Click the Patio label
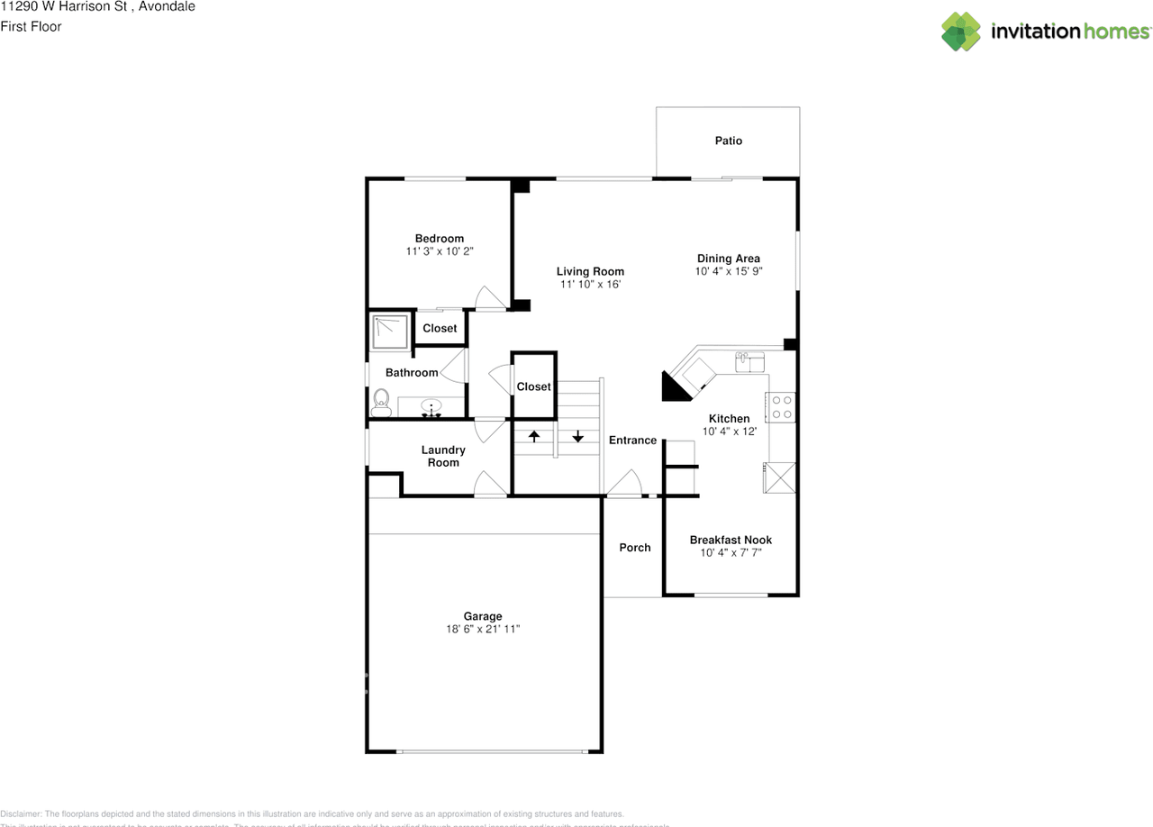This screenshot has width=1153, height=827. click(x=728, y=141)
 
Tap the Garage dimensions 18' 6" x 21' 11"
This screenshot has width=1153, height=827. click(x=483, y=630)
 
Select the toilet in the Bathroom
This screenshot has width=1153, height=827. click(x=381, y=402)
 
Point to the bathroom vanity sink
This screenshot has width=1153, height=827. click(x=432, y=408)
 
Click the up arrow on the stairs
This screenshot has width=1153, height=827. click(x=533, y=437)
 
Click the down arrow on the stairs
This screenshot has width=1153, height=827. click(x=577, y=437)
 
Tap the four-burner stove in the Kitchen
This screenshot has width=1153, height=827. click(x=781, y=407)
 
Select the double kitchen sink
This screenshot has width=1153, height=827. click(x=749, y=362)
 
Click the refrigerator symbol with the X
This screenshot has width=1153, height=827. click(x=780, y=477)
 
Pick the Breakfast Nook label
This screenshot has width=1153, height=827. click(x=731, y=540)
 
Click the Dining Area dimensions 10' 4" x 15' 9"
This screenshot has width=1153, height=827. click(x=729, y=271)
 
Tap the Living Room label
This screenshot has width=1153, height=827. click(x=590, y=271)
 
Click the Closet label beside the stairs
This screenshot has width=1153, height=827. click(x=533, y=386)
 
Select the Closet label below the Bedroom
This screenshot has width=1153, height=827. click(x=440, y=328)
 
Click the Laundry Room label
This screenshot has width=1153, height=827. click(x=443, y=456)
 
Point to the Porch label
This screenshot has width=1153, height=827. click(x=634, y=547)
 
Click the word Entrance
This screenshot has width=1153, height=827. click(x=632, y=440)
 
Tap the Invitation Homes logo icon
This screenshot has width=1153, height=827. click(x=961, y=31)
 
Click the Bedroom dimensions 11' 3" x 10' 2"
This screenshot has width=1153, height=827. click(x=440, y=251)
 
